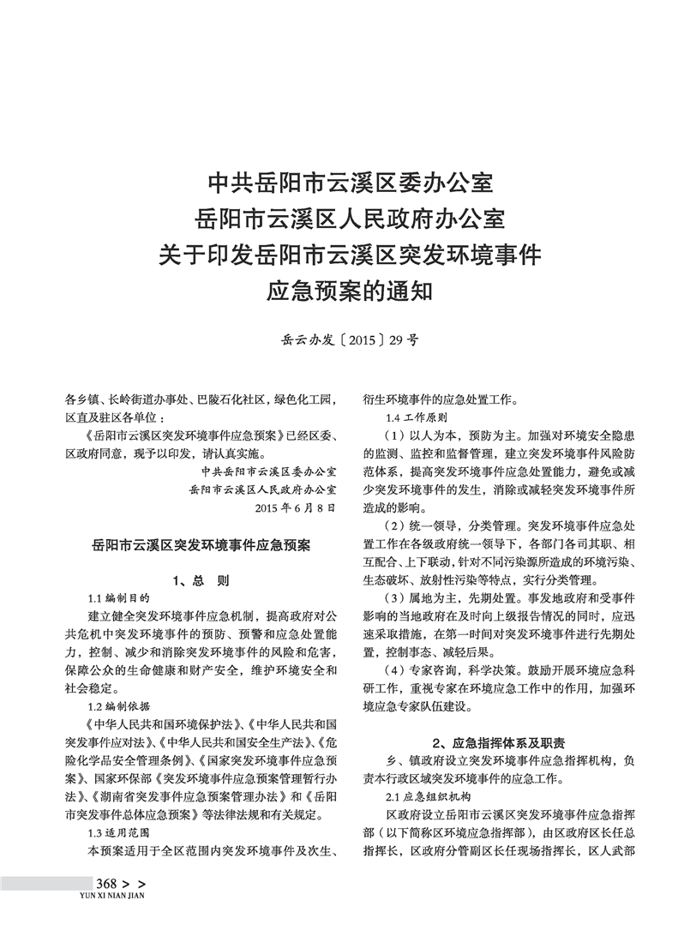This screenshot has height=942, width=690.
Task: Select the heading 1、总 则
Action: click(201, 580)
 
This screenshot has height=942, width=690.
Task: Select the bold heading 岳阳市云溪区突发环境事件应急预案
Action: click(201, 543)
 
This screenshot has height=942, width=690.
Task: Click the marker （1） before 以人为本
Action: click(395, 435)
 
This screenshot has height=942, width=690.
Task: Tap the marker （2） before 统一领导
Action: click(395, 525)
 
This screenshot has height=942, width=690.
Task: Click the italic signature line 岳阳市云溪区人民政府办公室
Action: click(263, 489)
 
